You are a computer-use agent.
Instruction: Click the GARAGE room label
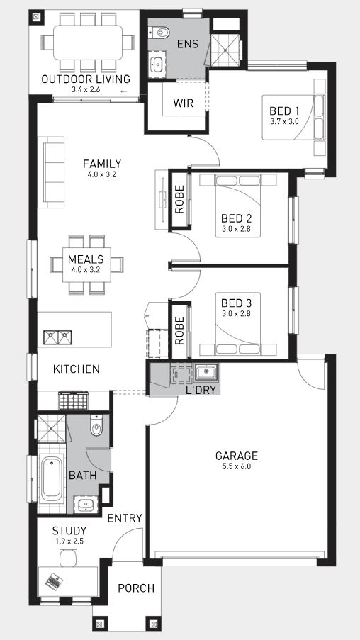pyautogui.click(x=237, y=456)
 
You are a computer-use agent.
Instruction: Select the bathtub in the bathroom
pyautogui.click(x=52, y=478)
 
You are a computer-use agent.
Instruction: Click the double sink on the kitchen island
pyautogui.click(x=57, y=337)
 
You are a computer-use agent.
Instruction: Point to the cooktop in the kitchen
pyautogui.click(x=74, y=400)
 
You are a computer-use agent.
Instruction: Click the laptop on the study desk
pyautogui.click(x=54, y=580)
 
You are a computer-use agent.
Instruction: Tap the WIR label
pyautogui.click(x=184, y=103)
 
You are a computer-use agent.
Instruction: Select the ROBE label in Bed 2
pyautogui.click(x=179, y=200)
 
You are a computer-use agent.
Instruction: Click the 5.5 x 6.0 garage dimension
pyautogui.click(x=237, y=466)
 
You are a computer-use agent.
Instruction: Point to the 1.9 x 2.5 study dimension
pyautogui.click(x=69, y=541)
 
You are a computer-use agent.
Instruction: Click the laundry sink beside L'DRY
pyautogui.click(x=206, y=372)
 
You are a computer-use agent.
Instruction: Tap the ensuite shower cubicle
pyautogui.click(x=226, y=50)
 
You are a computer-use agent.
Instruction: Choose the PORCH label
pyautogui.click(x=136, y=588)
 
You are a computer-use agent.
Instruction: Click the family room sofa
pyautogui.click(x=54, y=172)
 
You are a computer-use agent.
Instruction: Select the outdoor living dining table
pyautogui.click(x=88, y=43)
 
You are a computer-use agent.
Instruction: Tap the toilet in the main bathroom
pyautogui.click(x=96, y=426)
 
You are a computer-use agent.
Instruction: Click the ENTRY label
pyautogui.click(x=125, y=518)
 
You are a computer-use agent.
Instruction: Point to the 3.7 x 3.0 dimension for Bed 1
pyautogui.click(x=284, y=121)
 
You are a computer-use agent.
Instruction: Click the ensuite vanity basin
pyautogui.click(x=157, y=64)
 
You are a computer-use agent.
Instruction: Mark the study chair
pyautogui.click(x=68, y=558)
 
